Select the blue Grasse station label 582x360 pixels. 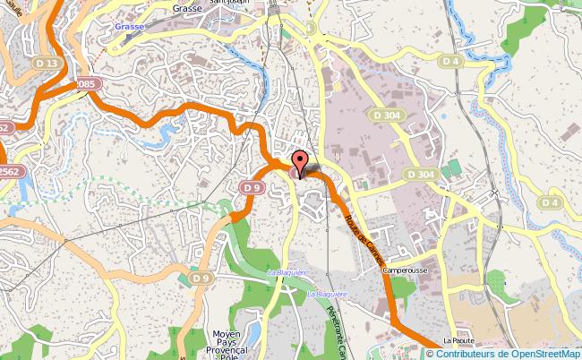pyautogui.click(x=130, y=27)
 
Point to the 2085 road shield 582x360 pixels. pyautogui.click(x=85, y=83)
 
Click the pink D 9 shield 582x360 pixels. pyautogui.click(x=251, y=187)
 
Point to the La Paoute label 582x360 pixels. pyautogui.click(x=458, y=341)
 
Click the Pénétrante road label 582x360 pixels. pyautogui.click(x=336, y=331)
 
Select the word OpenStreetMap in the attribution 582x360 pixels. pyautogui.click(x=541, y=353)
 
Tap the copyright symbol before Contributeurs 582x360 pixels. pyautogui.click(x=430, y=353)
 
